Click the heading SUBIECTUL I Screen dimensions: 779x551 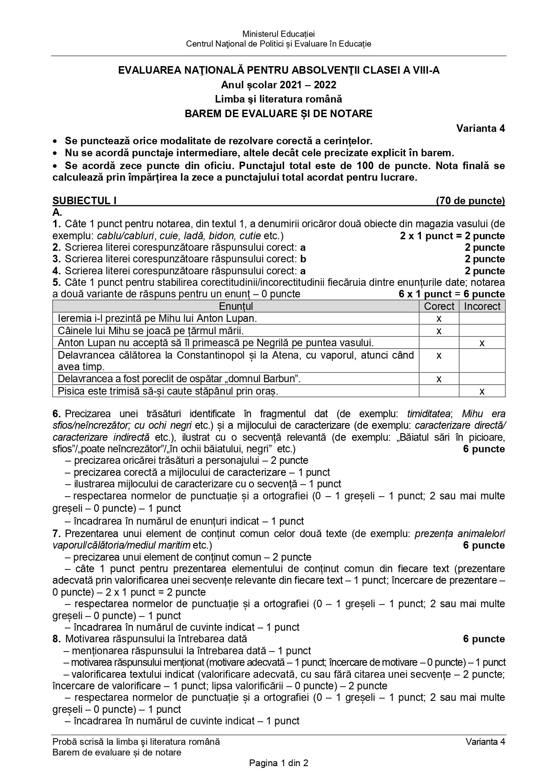click(x=84, y=201)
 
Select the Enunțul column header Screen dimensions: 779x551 click(x=236, y=306)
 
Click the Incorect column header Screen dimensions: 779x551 click(x=482, y=306)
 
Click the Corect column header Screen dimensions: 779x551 click(x=439, y=306)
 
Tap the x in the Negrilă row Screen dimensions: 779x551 click(x=482, y=343)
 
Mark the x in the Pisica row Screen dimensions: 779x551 click(x=482, y=391)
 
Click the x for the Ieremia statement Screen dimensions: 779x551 click(x=439, y=318)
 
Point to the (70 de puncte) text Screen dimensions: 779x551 click(x=470, y=201)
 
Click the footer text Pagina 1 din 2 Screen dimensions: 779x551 click(x=278, y=763)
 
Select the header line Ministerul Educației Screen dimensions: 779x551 click(x=278, y=34)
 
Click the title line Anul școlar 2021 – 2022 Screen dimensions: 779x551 click(x=278, y=85)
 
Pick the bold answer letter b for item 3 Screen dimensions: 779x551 click(x=303, y=259)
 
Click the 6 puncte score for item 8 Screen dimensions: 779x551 click(x=484, y=639)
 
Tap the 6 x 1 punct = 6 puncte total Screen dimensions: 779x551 click(x=452, y=294)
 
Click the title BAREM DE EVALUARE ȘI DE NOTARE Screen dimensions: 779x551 click(x=278, y=114)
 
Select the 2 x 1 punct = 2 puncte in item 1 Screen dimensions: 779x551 click(x=452, y=236)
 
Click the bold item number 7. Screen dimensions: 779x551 click(x=55, y=533)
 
